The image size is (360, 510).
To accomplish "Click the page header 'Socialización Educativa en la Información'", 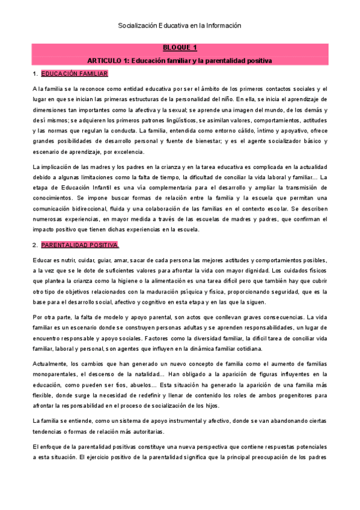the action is (179, 26).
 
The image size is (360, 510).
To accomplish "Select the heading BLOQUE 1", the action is (180, 48).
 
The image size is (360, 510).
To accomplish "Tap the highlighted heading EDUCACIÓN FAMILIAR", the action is (75, 74).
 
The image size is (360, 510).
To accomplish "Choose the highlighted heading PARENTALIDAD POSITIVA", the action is (80, 245).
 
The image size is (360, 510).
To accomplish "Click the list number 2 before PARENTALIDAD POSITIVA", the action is (34, 245).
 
